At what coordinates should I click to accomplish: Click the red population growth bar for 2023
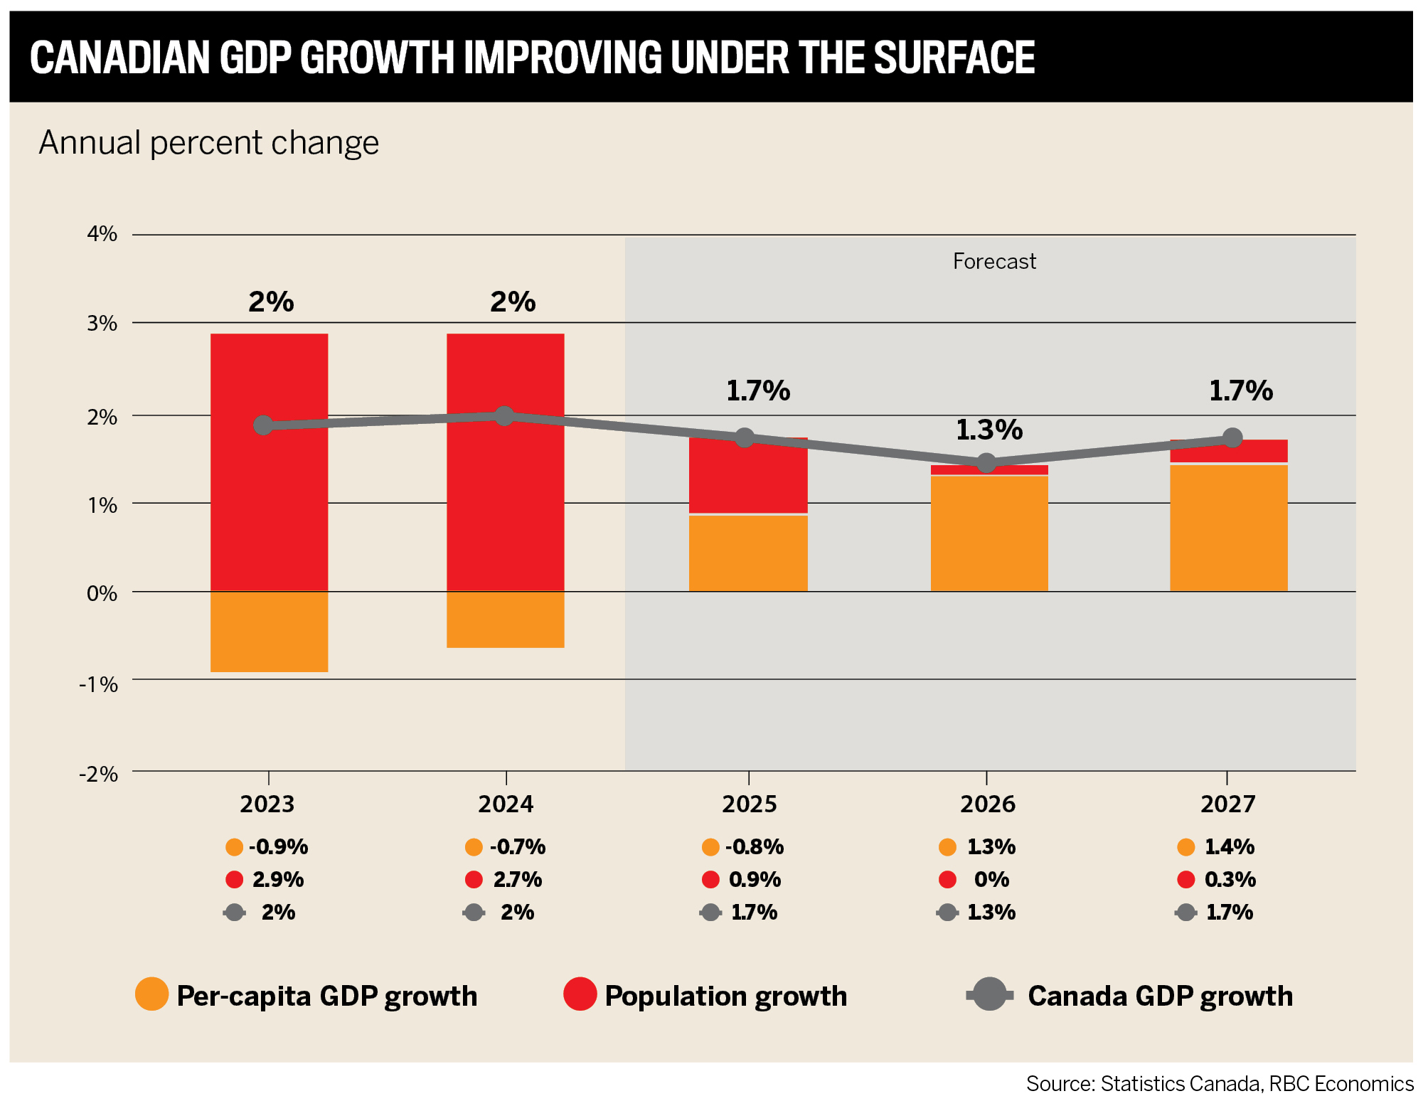tap(269, 498)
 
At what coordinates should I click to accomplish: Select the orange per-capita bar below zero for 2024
tap(505, 619)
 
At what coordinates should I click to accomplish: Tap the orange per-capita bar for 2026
tap(989, 533)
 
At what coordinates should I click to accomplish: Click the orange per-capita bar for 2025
tap(748, 553)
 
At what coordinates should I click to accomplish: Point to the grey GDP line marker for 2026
tap(986, 463)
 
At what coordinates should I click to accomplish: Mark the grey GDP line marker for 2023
tap(263, 425)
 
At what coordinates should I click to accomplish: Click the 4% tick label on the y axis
tap(102, 234)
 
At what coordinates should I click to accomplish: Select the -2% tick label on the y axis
tap(99, 774)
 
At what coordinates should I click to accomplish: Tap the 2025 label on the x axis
tap(749, 804)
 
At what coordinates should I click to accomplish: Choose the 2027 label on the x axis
tap(1227, 804)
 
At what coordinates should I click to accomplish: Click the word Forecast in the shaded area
tap(993, 262)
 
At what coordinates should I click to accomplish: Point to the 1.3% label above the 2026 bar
tap(989, 430)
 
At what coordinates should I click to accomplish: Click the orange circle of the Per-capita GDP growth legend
tap(151, 994)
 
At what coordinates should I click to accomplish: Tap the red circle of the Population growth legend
tap(580, 994)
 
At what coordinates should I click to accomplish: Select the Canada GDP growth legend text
tap(1160, 996)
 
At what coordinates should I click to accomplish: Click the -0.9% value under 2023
tap(278, 847)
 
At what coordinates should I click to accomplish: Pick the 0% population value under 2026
tap(991, 880)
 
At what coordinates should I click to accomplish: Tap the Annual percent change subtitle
tap(209, 143)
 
